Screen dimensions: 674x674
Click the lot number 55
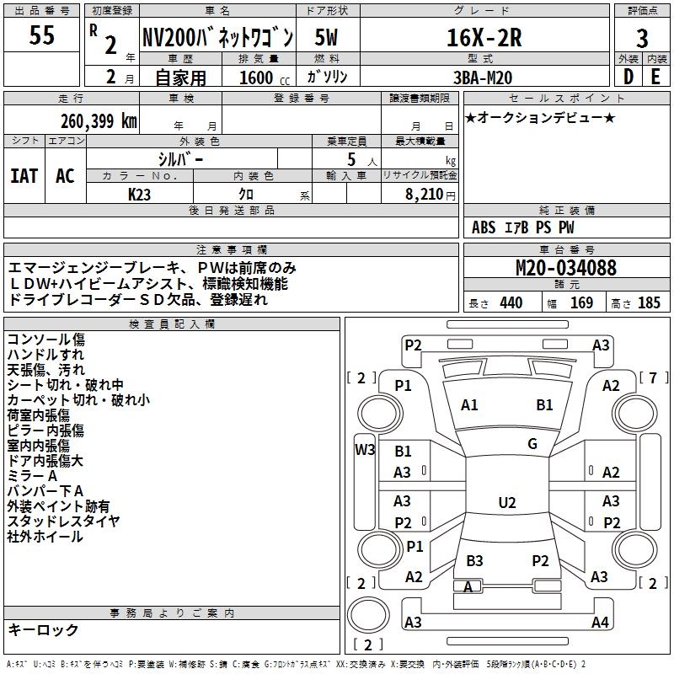(42, 36)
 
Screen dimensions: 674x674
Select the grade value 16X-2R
(484, 37)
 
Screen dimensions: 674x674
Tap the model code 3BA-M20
(483, 76)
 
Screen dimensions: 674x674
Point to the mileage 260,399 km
(99, 120)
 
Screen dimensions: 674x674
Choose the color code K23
(140, 193)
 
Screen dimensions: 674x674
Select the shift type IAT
(24, 175)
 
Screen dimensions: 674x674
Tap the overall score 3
(642, 38)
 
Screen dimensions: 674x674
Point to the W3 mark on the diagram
(365, 449)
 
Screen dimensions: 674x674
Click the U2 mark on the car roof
(506, 503)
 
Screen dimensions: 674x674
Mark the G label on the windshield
(532, 444)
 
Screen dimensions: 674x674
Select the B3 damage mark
(474, 560)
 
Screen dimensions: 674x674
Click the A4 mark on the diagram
(600, 623)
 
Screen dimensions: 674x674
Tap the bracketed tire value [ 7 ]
(652, 377)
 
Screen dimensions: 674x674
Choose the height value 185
(649, 303)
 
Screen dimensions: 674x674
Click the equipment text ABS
(484, 227)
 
